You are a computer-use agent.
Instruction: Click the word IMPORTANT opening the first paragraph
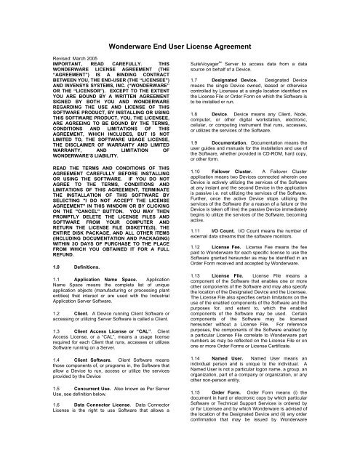pos(31,64)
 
